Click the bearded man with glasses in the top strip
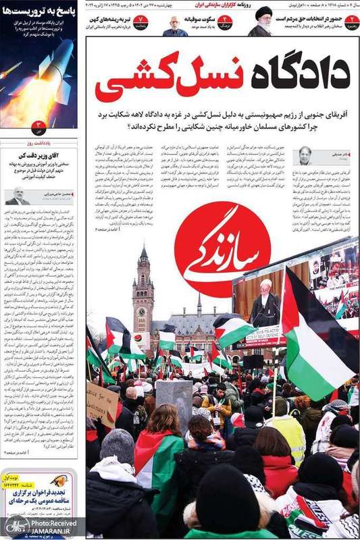click(175, 26)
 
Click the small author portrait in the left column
click(18, 196)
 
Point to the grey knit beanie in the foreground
click(117, 445)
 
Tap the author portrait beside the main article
click(305, 156)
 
